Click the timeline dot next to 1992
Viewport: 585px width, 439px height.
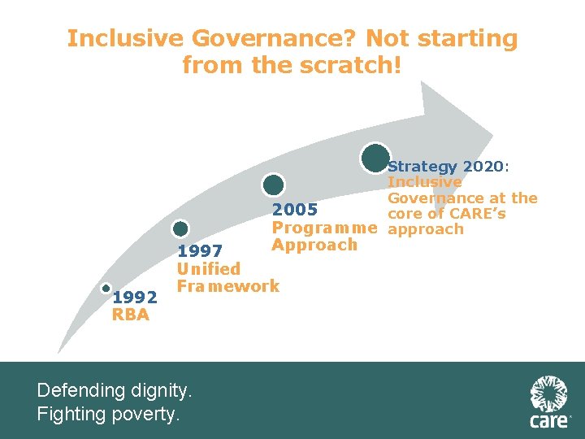pyautogui.click(x=106, y=288)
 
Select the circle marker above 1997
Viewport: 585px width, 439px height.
pyautogui.click(x=180, y=229)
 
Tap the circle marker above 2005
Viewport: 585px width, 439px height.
pyautogui.click(x=274, y=185)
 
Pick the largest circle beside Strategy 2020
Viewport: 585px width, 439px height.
pyautogui.click(x=375, y=158)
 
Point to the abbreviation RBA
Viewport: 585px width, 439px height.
pyautogui.click(x=130, y=315)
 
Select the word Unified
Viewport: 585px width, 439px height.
pyautogui.click(x=209, y=268)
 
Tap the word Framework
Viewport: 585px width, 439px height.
pyautogui.click(x=228, y=285)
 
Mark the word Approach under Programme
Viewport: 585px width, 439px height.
pyautogui.click(x=314, y=245)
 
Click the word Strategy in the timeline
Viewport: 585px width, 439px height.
pyautogui.click(x=422, y=166)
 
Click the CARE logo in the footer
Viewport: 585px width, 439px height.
pyautogui.click(x=549, y=402)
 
